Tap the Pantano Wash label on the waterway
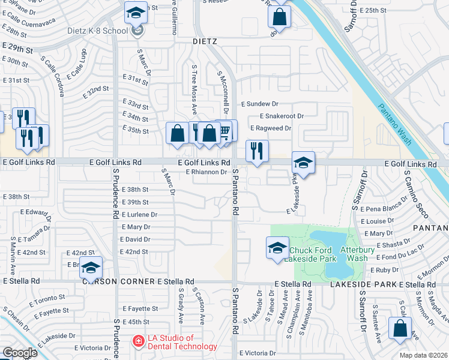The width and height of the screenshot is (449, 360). [396, 124]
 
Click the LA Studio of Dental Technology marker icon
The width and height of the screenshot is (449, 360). [137, 341]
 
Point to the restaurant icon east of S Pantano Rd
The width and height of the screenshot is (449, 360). [257, 151]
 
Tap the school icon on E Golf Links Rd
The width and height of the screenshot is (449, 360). [303, 163]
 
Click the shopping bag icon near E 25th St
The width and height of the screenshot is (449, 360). [279, 16]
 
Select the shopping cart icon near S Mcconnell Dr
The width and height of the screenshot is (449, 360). [225, 131]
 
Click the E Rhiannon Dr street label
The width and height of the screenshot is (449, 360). [206, 172]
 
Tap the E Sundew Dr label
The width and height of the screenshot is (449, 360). [260, 103]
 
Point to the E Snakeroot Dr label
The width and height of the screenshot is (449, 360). [282, 116]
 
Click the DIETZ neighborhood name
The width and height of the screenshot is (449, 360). [204, 41]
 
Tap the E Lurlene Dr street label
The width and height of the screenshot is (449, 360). [139, 214]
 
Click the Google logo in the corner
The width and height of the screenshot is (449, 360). [20, 353]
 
